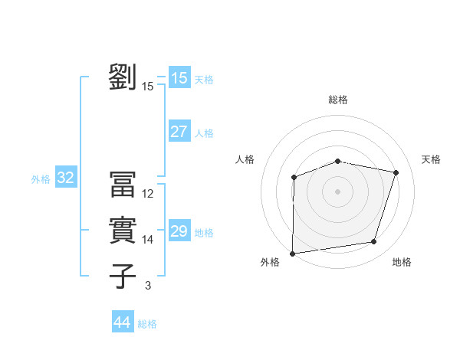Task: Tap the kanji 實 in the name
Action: pos(123,231)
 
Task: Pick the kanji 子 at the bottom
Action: pos(123,277)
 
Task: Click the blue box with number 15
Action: pos(179,77)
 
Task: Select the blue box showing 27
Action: pos(179,131)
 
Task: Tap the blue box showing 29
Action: pos(179,231)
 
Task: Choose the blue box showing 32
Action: pos(65,178)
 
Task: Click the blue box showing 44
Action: pos(122,322)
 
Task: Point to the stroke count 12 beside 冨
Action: pos(148,194)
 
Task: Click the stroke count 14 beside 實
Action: pos(148,240)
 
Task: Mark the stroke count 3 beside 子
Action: pos(148,286)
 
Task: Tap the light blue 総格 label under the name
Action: pos(147,324)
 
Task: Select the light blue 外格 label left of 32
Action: pos(41,179)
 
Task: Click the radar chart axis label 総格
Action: pos(338,100)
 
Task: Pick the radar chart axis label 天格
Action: pos(431,159)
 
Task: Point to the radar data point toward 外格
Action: pos(293,253)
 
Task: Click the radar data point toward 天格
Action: pos(396,172)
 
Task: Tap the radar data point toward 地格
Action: pos(373,242)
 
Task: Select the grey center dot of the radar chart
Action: pos(338,191)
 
